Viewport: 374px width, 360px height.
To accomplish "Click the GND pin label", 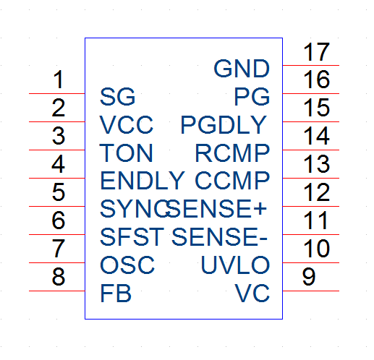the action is click(242, 69).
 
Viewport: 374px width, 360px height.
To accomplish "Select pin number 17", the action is click(316, 51).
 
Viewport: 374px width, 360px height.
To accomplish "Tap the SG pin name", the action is click(117, 97).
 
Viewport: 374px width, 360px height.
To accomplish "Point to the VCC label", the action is click(127, 125).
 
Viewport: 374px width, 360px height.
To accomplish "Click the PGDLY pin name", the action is click(224, 125).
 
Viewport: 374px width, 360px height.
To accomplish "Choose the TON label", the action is click(126, 153).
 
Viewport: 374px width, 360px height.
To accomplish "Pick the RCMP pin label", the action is click(232, 153).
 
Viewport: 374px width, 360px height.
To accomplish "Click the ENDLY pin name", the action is click(143, 181).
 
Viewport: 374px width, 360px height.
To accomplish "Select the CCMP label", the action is click(232, 181).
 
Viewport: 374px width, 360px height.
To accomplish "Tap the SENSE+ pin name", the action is click(216, 209).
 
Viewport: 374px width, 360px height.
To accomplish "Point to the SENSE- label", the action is click(219, 237).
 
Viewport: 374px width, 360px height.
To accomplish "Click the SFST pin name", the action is click(132, 237).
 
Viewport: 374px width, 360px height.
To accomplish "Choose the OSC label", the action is click(127, 265).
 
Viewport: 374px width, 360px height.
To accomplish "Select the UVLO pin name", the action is click(235, 265).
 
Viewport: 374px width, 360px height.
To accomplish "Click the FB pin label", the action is click(116, 293).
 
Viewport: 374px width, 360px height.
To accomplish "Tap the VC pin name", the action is click(252, 293).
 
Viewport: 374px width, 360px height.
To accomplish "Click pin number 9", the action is click(309, 277).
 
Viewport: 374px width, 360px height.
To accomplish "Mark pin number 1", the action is click(59, 80).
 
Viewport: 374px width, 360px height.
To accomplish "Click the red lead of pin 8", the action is click(57, 291).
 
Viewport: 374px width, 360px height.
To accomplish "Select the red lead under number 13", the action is click(311, 178).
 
